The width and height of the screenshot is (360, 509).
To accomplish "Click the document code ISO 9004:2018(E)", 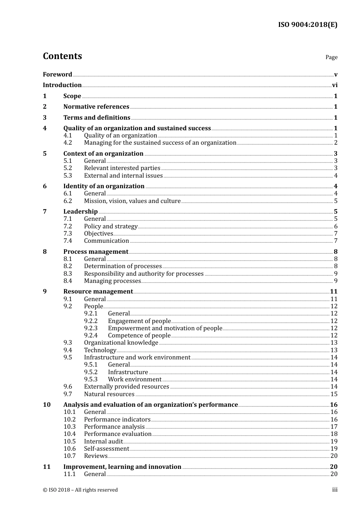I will click(x=307, y=25).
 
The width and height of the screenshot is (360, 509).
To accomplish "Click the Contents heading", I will click(x=62, y=56).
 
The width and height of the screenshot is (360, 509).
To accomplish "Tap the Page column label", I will click(x=331, y=57).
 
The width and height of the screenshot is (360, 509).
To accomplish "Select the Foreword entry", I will click(x=57, y=74).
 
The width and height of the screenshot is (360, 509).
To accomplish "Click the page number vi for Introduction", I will click(x=335, y=85).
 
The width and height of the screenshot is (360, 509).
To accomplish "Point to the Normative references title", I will click(x=96, y=107).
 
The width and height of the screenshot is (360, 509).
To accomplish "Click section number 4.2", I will click(x=68, y=143).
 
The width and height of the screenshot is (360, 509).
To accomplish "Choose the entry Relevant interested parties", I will click(x=122, y=168).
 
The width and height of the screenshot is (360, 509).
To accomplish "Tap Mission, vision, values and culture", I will click(x=132, y=201).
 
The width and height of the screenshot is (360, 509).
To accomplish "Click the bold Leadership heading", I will click(x=80, y=212).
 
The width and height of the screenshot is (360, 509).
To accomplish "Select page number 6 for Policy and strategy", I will click(x=336, y=226).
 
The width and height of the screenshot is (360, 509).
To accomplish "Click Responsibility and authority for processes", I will click(x=144, y=274).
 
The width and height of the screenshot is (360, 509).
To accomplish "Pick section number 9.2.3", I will click(x=91, y=328).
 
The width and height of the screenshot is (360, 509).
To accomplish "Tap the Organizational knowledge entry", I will click(x=121, y=343).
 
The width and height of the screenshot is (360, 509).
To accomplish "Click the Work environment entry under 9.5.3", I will click(x=135, y=379).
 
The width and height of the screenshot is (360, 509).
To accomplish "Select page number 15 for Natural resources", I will click(x=334, y=394).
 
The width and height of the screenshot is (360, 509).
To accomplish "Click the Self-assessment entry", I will click(x=106, y=449).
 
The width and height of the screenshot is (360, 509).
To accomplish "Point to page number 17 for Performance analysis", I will click(x=334, y=427).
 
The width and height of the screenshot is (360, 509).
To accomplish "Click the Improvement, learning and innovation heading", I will click(x=122, y=467).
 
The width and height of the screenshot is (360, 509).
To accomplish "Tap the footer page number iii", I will click(x=335, y=490).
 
